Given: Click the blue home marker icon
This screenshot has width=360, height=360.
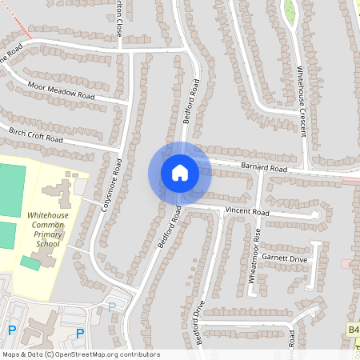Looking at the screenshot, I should [179, 172].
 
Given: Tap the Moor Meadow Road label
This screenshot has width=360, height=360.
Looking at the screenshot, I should [61, 90].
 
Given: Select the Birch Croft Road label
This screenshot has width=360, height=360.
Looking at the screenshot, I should [35, 133].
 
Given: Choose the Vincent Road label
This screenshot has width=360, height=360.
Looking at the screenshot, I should [247, 212].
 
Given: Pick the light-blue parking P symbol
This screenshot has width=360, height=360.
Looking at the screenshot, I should [111, 306].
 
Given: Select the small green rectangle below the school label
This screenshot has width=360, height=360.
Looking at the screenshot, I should [30, 262].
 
